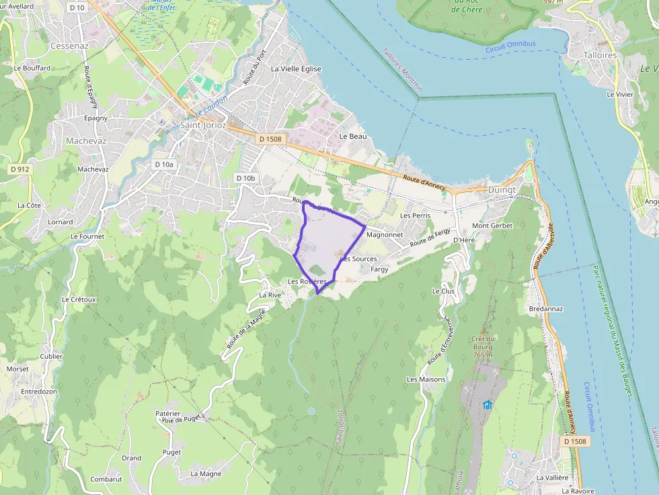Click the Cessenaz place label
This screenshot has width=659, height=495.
tap(69, 46)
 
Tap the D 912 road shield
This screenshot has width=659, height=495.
tap(20, 169)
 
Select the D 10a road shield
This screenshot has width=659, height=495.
tap(163, 165)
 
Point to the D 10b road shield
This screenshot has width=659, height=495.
tap(245, 178)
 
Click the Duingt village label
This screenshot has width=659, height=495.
tap(502, 190)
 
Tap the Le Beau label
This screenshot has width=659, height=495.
tap(353, 136)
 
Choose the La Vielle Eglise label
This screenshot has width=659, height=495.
tap(296, 69)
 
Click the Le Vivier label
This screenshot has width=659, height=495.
tap(620, 95)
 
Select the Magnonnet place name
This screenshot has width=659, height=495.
tap(385, 235)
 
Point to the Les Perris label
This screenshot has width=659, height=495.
tap(415, 216)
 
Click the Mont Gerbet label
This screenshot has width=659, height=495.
tap(492, 226)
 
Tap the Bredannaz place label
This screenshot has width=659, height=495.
tap(545, 309)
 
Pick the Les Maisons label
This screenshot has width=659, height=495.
tap(426, 379)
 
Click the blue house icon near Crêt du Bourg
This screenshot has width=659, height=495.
tap(488, 404)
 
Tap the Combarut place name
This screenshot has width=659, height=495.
tap(106, 480)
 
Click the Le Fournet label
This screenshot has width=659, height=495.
tap(87, 236)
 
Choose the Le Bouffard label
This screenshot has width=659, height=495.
tap(32, 69)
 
